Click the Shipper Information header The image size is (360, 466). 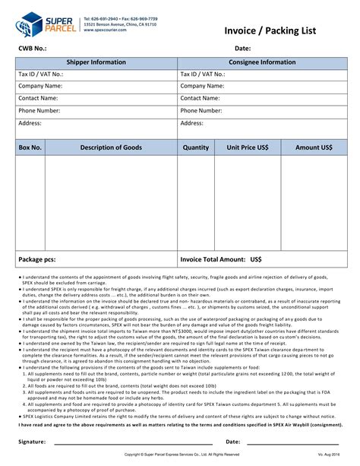96,62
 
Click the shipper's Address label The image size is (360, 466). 30,122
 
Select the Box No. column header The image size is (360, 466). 30,147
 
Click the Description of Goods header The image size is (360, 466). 111,147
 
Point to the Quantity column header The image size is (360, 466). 196,147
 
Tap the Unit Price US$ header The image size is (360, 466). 248,147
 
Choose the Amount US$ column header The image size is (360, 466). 314,147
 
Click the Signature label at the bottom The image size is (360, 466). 35,441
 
